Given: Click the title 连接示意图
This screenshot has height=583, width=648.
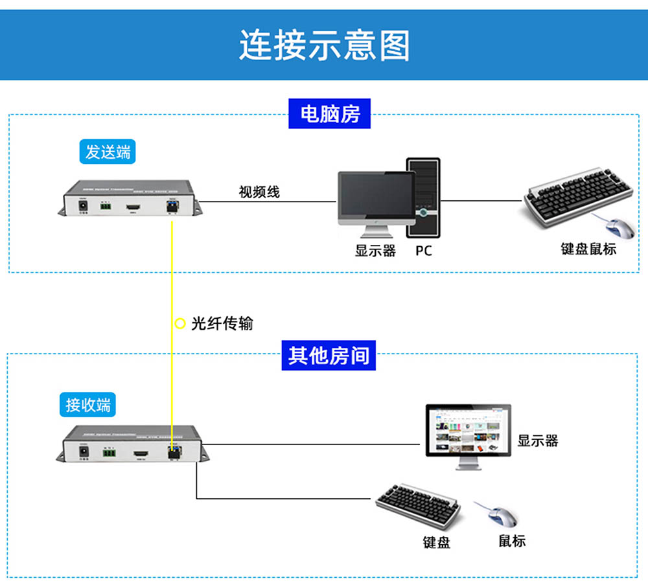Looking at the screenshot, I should click(x=324, y=45).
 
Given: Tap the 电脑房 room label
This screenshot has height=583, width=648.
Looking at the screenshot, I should click(x=330, y=114).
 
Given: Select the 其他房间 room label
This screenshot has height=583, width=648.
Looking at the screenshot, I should click(x=329, y=356).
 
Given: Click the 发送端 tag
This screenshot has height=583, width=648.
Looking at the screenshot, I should click(x=108, y=152).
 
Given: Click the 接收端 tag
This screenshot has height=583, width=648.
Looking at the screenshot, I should click(x=88, y=405).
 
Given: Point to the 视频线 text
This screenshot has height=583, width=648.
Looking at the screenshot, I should click(x=259, y=192).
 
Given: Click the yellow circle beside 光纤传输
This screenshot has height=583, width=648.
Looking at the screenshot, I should click(x=180, y=323).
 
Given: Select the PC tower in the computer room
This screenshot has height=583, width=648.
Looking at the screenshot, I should click(x=423, y=198).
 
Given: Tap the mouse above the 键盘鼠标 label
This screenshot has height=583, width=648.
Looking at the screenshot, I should click(x=620, y=229).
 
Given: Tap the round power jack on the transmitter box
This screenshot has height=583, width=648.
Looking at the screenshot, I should click(x=83, y=205).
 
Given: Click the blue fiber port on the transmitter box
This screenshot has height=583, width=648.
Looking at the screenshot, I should click(x=173, y=205).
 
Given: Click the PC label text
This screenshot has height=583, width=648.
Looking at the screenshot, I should click(x=423, y=251).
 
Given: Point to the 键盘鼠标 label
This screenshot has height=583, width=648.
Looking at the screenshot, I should click(x=588, y=249).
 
